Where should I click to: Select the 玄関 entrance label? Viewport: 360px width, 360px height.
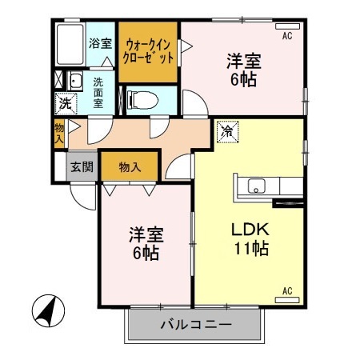81,167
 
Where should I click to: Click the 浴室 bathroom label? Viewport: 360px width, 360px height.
100,44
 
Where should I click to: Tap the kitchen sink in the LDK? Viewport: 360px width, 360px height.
256,186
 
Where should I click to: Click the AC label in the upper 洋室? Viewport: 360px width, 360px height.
287,36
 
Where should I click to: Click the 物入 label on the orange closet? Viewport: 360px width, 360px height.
130,167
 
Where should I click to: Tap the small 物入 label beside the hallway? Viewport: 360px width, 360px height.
59,134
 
